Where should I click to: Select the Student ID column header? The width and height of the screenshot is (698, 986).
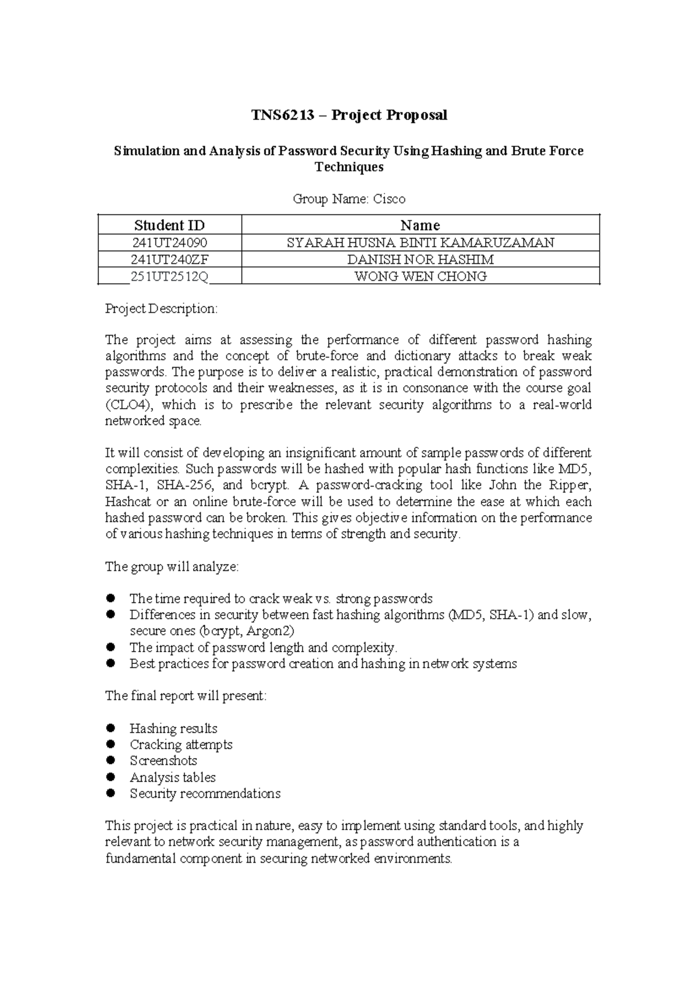click(169, 225)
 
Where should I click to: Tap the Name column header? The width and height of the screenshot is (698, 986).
click(420, 225)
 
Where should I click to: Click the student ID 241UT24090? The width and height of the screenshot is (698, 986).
click(169, 242)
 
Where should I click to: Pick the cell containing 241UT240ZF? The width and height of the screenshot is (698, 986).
click(169, 259)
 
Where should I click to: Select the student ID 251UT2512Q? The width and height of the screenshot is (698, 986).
click(169, 276)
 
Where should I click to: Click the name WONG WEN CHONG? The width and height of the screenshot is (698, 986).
click(420, 276)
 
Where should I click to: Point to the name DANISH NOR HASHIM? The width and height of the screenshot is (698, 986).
click(420, 259)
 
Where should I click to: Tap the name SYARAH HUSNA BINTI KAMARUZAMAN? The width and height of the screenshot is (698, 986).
click(420, 242)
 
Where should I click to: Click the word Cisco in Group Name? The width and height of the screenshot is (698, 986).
click(389, 199)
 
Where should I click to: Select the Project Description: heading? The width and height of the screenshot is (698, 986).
click(161, 309)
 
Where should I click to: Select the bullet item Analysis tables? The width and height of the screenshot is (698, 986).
click(172, 777)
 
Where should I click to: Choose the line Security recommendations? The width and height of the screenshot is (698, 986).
click(205, 794)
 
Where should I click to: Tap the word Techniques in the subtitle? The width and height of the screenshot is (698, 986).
click(349, 167)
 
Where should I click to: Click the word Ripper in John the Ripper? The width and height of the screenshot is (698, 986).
click(571, 485)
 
